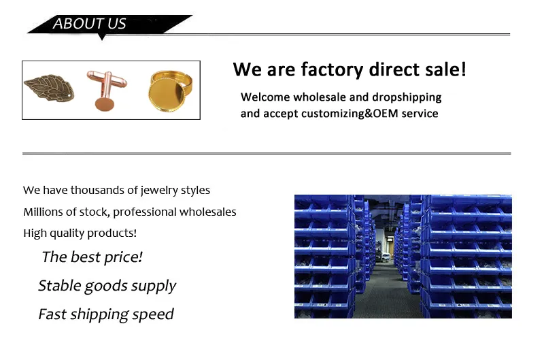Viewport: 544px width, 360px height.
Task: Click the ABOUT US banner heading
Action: (x=89, y=24)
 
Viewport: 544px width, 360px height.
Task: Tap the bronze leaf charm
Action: (x=49, y=88)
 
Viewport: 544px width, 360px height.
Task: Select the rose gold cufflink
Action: (x=106, y=91)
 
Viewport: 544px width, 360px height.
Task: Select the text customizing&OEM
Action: (x=350, y=114)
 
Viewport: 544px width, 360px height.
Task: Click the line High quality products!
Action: (x=80, y=233)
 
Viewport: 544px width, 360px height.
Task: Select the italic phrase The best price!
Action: (x=92, y=257)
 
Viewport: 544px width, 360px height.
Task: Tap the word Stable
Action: (x=60, y=286)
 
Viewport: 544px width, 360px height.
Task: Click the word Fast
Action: (x=52, y=314)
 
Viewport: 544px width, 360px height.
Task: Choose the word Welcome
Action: (x=265, y=97)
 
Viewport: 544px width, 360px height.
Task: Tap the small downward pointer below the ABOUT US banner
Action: (x=101, y=37)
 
